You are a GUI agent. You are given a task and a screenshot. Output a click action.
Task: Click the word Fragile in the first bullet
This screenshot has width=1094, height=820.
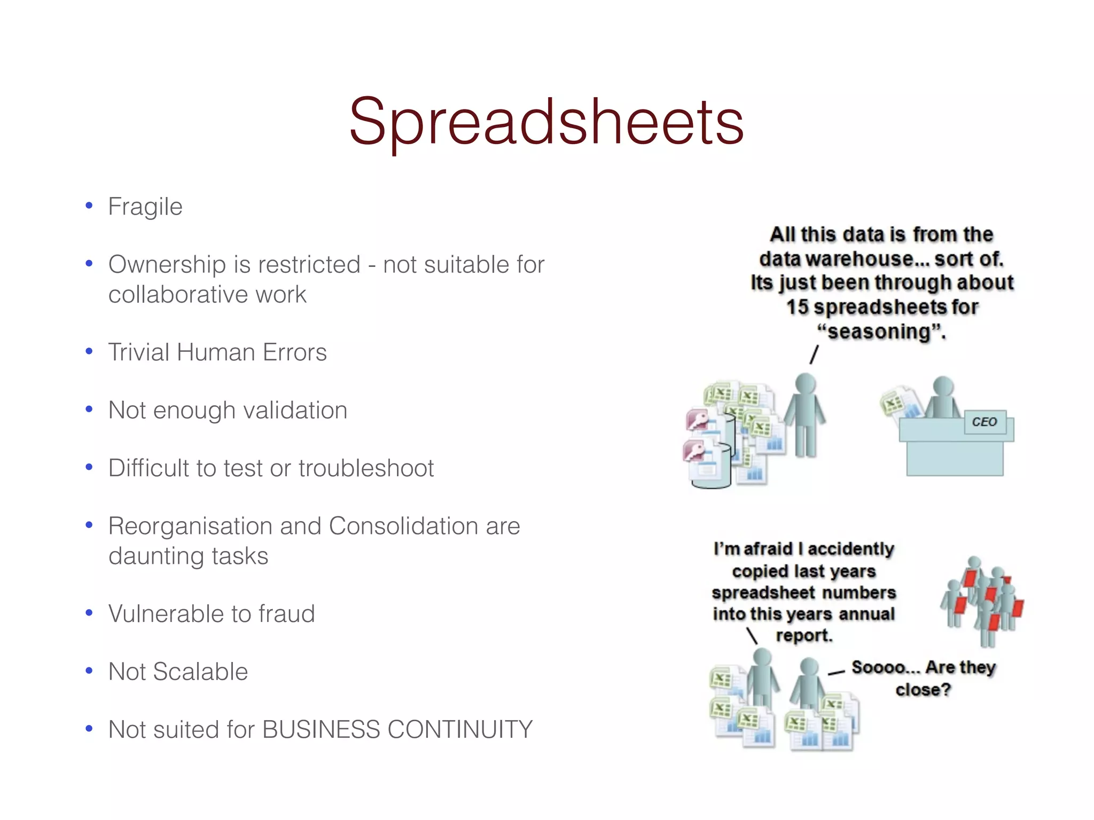(145, 207)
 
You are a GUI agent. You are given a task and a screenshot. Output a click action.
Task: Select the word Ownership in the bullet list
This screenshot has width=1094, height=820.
(166, 265)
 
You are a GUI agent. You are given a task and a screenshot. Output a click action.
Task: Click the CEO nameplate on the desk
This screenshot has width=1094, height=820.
(984, 422)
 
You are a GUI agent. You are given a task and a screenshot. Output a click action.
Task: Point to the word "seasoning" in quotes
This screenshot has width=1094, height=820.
(881, 332)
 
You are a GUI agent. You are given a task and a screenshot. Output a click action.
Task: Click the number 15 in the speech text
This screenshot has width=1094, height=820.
(797, 307)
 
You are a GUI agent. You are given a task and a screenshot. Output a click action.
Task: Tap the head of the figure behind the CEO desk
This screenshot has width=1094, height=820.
(943, 386)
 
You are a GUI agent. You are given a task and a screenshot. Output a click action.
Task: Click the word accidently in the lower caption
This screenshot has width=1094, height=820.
(850, 549)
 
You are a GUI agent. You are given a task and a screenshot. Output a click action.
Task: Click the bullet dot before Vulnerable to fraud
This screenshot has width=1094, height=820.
(89, 613)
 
